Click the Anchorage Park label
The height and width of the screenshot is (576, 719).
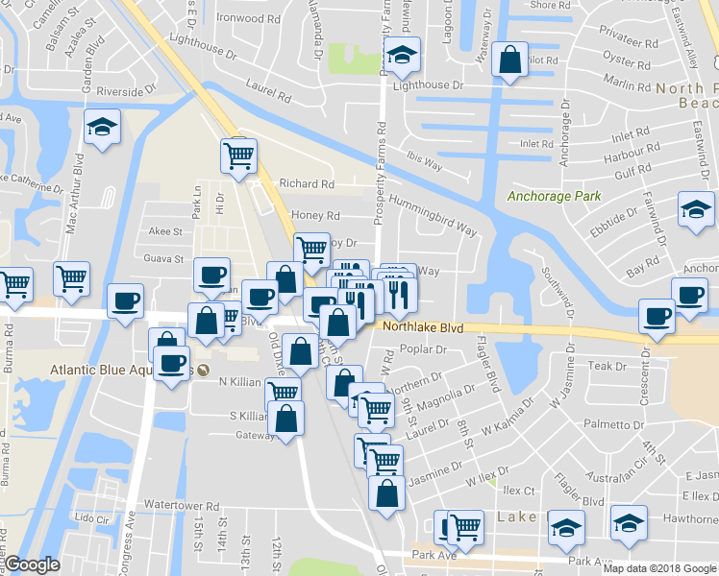coord(554,197)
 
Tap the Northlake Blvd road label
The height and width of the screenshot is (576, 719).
coord(423,327)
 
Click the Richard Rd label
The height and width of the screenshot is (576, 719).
coord(307,183)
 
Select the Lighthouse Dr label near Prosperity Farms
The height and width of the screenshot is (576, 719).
coord(428,85)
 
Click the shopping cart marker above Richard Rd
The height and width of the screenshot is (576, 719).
coord(238,155)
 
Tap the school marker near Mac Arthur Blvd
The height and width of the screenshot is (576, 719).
coord(101,128)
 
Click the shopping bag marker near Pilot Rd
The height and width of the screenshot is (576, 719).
coord(509,60)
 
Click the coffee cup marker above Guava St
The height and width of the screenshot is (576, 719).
coord(211,275)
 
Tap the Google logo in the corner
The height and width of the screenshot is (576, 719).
coord(33,565)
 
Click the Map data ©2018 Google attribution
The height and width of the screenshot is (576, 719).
coord(659,568)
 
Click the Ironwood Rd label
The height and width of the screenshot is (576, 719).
coord(248,18)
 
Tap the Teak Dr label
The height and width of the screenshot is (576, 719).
coord(607,366)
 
